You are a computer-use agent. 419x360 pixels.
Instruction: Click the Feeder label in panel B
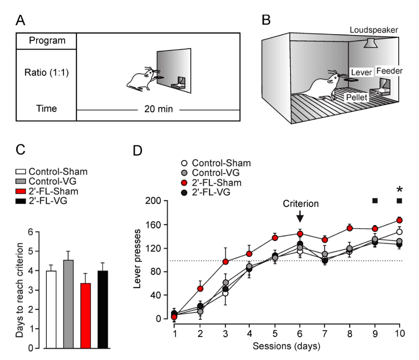pos(389,71)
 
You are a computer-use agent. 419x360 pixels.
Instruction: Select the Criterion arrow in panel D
pos(300,217)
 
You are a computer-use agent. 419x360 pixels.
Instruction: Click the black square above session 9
pos(375,201)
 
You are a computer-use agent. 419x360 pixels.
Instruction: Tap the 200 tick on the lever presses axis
pos(157,201)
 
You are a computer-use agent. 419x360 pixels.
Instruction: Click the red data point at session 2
pos(200,289)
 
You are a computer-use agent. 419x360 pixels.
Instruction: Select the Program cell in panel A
pos(47,41)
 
